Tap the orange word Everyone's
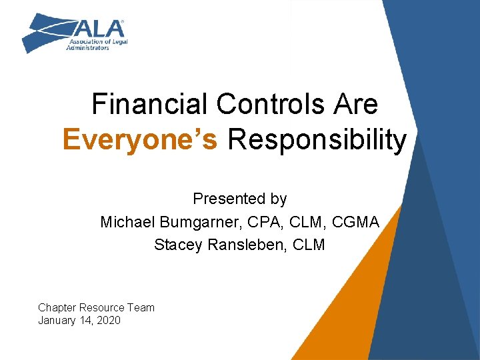pos(140,141)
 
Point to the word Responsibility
pos(317,141)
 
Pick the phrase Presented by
pos(239,199)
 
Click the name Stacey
pos(174,245)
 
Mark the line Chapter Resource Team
pos(96,307)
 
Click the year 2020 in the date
pos(108,321)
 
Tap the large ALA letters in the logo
pos(100,29)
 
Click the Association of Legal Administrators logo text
pos(97,44)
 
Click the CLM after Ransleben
pos(309,245)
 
